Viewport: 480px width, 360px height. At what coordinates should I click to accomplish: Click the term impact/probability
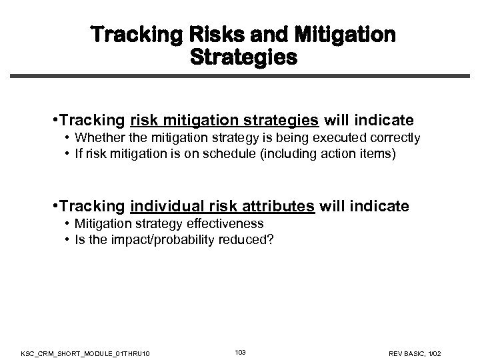[153, 239]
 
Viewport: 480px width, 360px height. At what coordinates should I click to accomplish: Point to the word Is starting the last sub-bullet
[79, 239]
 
